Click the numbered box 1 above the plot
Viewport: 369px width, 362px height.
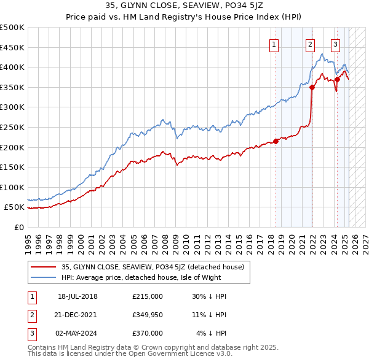pyautogui.click(x=274, y=44)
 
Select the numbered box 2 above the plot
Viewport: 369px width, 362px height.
pyautogui.click(x=311, y=44)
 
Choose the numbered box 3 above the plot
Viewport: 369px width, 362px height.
pyautogui.click(x=335, y=44)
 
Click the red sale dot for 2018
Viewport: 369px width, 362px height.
pyautogui.click(x=276, y=141)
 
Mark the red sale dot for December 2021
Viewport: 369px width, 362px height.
pyautogui.click(x=312, y=87)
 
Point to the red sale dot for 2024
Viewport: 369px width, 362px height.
pyautogui.click(x=338, y=79)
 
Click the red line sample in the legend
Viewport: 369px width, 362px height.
pyautogui.click(x=44, y=267)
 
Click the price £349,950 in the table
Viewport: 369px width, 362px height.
pyautogui.click(x=148, y=315)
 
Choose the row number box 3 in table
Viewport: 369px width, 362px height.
pyautogui.click(x=31, y=333)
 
